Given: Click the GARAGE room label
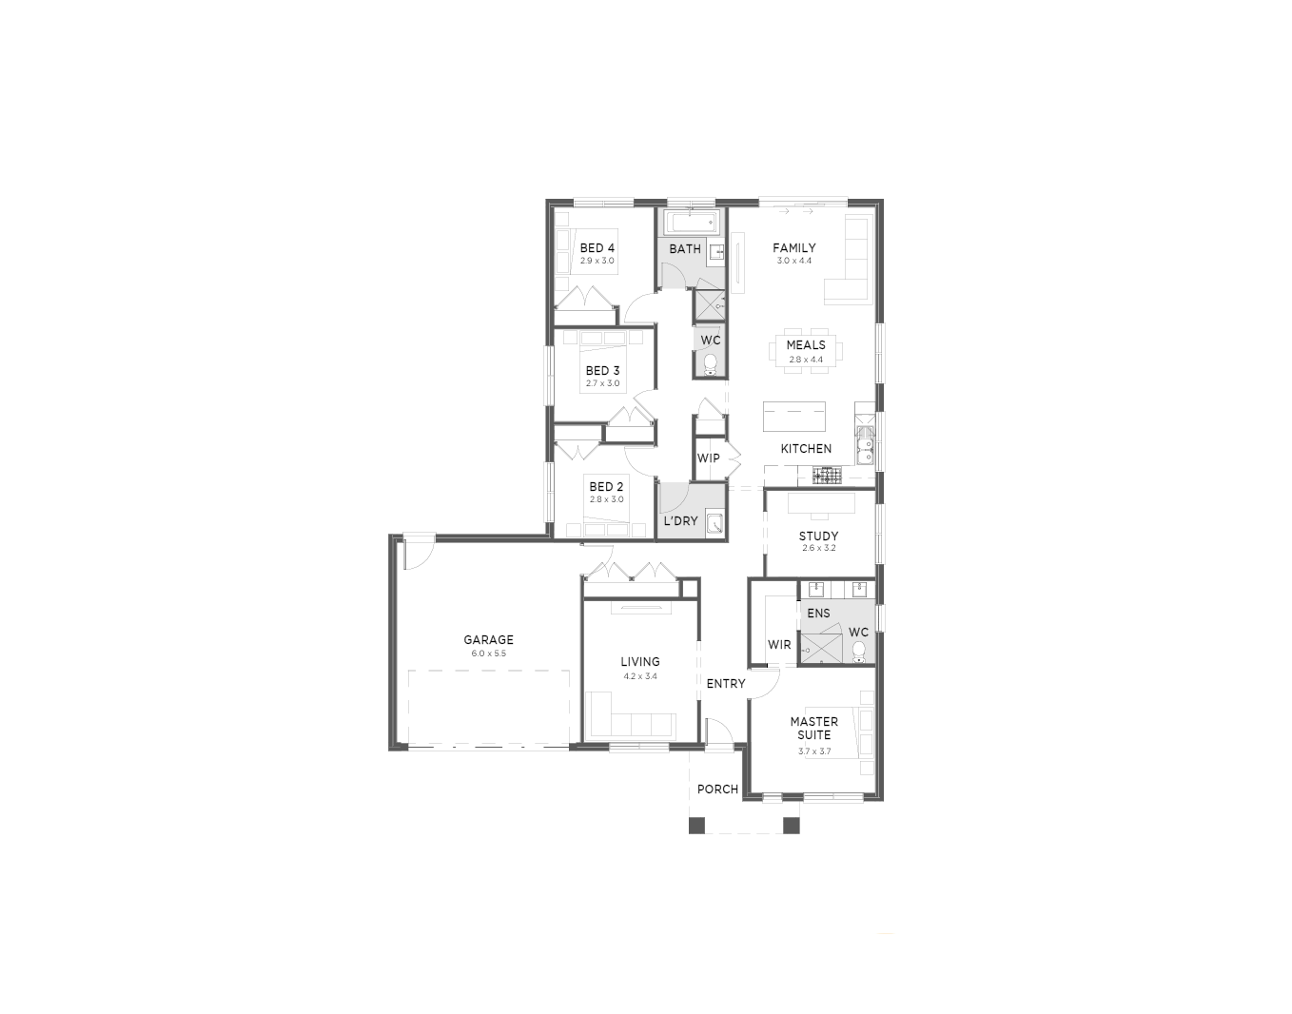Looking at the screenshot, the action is [x=488, y=639].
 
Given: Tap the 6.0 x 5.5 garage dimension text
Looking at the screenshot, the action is [x=488, y=653].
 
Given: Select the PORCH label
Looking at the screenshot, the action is [x=717, y=790].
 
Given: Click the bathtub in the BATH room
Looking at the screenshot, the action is [x=692, y=223].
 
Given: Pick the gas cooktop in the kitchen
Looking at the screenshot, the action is [x=828, y=475].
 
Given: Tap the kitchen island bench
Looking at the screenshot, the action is [x=794, y=416].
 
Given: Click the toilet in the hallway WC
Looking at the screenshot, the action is [x=710, y=364].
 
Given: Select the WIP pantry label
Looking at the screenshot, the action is [x=708, y=458].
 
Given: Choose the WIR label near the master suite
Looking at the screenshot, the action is [x=779, y=645].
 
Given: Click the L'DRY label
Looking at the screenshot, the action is [x=680, y=520].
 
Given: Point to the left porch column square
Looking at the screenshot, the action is [x=696, y=826].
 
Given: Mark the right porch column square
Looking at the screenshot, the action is [x=792, y=826].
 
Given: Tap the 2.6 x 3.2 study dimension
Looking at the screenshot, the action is [x=819, y=548].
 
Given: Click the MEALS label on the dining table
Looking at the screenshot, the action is [x=806, y=344].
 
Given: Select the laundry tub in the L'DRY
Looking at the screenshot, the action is [x=715, y=523].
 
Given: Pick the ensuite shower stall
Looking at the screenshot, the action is [x=821, y=649].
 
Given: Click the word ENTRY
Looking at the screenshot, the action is [x=725, y=684].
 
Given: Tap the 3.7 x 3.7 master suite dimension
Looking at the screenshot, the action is [x=814, y=751].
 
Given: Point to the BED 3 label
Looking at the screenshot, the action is [x=602, y=371].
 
